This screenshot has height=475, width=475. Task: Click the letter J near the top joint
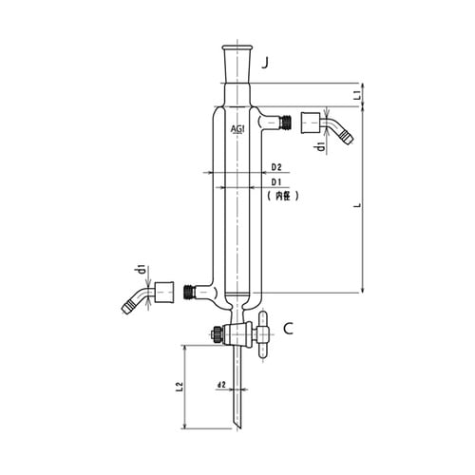click(x=265, y=64)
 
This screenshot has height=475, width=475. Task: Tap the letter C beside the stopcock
click(x=288, y=329)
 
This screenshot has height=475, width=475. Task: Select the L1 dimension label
click(x=357, y=95)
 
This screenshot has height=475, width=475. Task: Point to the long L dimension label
click(x=357, y=205)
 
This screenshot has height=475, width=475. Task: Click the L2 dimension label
click(x=180, y=387)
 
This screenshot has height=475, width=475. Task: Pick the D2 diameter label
click(x=276, y=167)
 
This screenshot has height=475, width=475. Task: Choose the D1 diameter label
click(x=276, y=182)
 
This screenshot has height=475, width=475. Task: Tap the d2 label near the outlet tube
click(x=221, y=385)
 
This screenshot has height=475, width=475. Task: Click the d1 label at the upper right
click(x=321, y=147)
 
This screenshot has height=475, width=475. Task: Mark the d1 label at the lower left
click(x=142, y=269)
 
